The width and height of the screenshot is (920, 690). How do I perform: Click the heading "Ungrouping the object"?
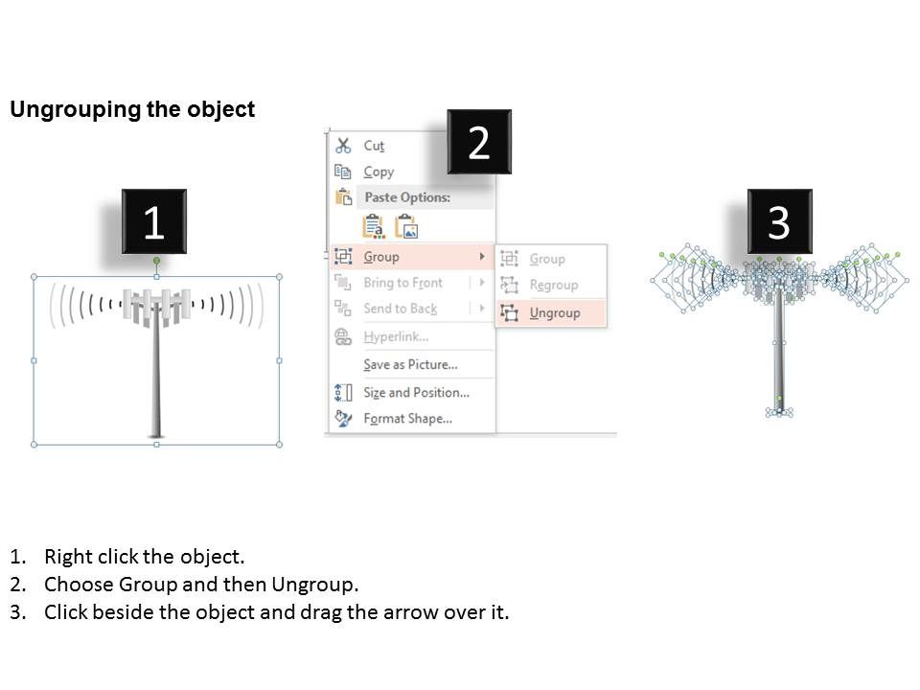click(x=132, y=109)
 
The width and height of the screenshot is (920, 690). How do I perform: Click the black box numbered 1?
click(x=154, y=221)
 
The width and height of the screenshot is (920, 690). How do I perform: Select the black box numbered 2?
click(x=479, y=142)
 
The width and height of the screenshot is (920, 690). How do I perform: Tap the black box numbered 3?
click(x=780, y=221)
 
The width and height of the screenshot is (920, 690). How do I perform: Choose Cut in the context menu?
click(x=374, y=146)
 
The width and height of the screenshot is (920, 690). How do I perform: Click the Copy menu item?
click(x=379, y=172)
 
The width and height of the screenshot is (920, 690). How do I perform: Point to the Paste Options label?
click(x=407, y=197)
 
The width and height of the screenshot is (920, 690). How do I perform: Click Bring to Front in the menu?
click(x=402, y=283)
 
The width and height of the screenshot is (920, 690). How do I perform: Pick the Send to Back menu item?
click(x=401, y=309)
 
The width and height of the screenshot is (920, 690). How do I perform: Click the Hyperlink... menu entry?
click(x=396, y=336)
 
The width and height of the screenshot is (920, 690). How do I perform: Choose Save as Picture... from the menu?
click(x=410, y=364)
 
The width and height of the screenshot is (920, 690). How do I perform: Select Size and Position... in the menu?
click(x=416, y=393)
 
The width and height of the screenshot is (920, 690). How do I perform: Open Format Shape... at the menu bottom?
click(x=408, y=419)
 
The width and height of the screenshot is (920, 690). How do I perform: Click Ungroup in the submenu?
click(x=555, y=312)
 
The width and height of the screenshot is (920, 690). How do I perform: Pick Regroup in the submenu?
click(x=553, y=286)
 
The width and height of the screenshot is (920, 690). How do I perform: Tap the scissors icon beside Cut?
click(x=343, y=146)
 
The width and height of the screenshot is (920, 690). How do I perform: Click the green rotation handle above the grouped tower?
click(x=156, y=261)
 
